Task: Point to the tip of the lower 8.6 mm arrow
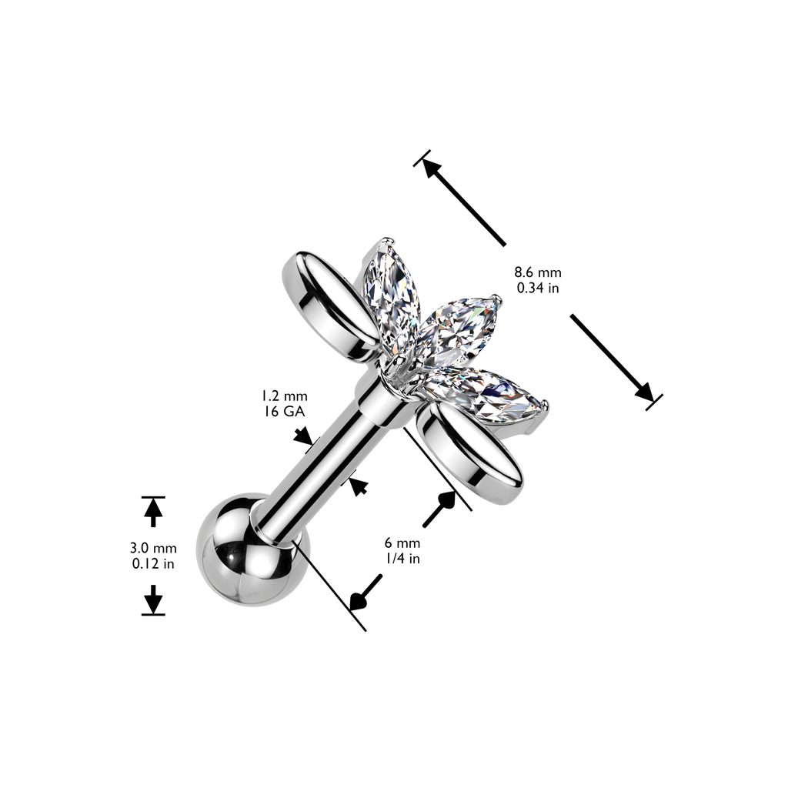pyautogui.click(x=653, y=400)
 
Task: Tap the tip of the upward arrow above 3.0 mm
pyautogui.click(x=153, y=499)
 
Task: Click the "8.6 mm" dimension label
pyautogui.click(x=537, y=273)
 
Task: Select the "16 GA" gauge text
pyautogui.click(x=284, y=412)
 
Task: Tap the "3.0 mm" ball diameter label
pyautogui.click(x=153, y=548)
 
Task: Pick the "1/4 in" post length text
pyautogui.click(x=402, y=559)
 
